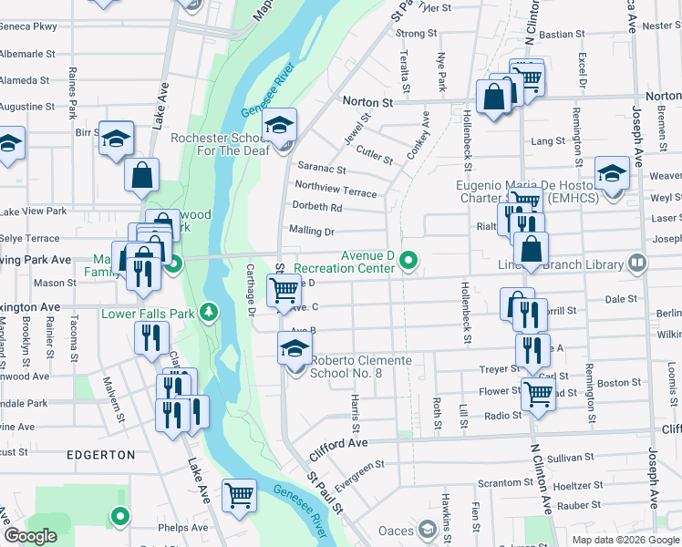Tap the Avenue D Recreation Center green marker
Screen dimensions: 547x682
click(409, 262)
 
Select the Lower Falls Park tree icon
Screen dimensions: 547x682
click(211, 313)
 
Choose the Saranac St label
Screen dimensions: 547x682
click(322, 169)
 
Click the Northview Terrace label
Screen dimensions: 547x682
click(335, 192)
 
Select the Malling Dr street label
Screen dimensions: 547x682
click(312, 232)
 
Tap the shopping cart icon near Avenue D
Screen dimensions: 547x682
click(283, 291)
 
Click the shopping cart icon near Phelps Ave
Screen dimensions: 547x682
click(239, 496)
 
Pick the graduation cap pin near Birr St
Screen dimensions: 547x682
click(116, 139)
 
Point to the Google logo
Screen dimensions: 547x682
click(31, 536)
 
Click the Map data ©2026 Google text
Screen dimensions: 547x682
click(625, 540)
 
